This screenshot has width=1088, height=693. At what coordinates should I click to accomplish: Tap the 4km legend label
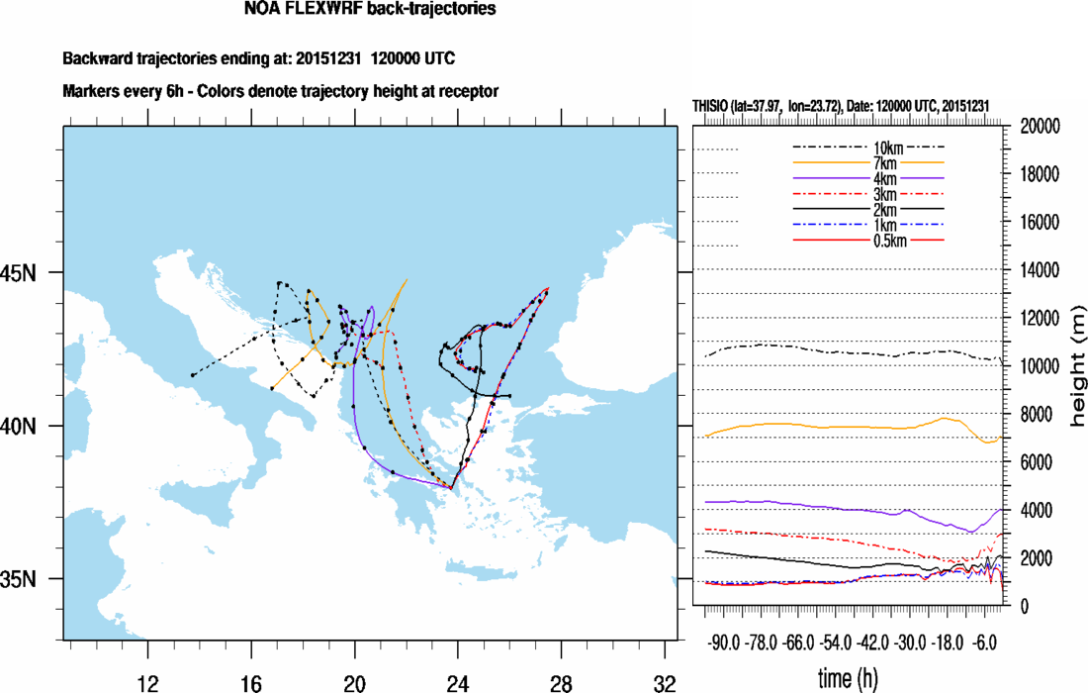coord(884,179)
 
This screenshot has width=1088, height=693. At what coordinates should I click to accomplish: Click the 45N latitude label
coord(18,273)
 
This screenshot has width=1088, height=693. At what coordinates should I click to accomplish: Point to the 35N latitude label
coord(18,579)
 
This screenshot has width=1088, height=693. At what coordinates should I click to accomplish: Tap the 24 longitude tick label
coord(457,684)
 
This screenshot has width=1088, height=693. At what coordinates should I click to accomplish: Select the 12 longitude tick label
coord(147,684)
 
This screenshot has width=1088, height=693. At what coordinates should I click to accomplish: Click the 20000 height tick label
coord(1041,127)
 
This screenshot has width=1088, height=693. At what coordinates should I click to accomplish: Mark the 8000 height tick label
coord(1036,415)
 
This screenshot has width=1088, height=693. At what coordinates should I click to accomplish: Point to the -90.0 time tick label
coord(724,643)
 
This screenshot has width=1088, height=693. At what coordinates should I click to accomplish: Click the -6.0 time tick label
coord(984,643)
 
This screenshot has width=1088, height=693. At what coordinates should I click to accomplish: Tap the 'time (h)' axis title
coord(848,677)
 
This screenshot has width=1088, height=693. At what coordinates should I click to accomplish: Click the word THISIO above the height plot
coord(710,106)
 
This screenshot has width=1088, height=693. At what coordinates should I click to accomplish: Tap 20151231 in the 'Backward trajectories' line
coord(328,58)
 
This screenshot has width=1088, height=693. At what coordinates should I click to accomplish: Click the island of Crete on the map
coord(482,569)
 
